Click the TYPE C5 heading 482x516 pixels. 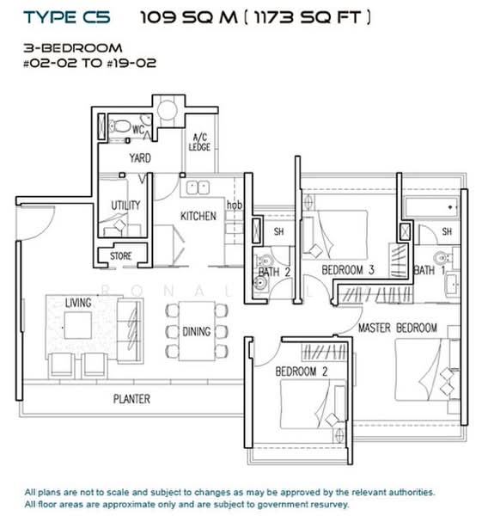(x=67, y=17)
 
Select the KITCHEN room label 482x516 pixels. (x=198, y=216)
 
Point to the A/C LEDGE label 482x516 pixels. (x=199, y=142)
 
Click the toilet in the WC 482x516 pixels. (x=119, y=126)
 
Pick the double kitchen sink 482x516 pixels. (x=198, y=187)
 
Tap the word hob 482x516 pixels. (x=235, y=205)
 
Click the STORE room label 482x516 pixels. (x=120, y=255)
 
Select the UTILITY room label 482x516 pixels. (x=125, y=205)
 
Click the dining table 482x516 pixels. (x=197, y=331)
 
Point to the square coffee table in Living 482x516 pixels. (x=78, y=325)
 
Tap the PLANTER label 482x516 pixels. (x=131, y=399)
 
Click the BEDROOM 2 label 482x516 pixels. (x=302, y=372)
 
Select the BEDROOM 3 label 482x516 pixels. (x=348, y=270)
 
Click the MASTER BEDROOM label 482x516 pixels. (x=398, y=328)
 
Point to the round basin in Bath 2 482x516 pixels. (x=260, y=283)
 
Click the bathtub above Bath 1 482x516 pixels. (x=431, y=207)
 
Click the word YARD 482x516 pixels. (x=140, y=158)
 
